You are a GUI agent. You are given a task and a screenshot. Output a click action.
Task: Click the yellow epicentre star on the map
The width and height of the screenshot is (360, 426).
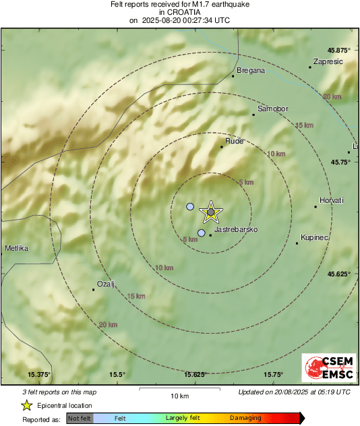pyautogui.click(x=210, y=212)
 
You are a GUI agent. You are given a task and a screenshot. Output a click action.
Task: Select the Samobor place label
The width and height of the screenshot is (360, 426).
pyautogui.click(x=273, y=109)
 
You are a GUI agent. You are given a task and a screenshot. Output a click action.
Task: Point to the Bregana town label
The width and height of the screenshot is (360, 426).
pyautogui.click(x=251, y=70)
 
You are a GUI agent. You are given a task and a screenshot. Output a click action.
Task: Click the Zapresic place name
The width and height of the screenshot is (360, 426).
pyautogui.click(x=328, y=61)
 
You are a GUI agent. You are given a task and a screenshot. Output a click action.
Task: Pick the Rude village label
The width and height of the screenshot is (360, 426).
pyautogui.click(x=233, y=142)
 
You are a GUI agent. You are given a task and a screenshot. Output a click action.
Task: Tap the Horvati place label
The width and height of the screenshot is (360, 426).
pyautogui.click(x=332, y=200)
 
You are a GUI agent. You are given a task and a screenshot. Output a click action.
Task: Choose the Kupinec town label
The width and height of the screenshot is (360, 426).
pyautogui.click(x=313, y=237)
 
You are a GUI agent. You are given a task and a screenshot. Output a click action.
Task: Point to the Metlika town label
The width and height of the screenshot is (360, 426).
pyautogui.click(x=16, y=248)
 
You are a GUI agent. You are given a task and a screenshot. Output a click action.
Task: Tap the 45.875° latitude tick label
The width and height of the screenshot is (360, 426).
pyautogui.click(x=339, y=50)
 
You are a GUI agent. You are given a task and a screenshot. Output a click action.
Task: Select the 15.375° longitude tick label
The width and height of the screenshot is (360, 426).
pyautogui.click(x=39, y=374)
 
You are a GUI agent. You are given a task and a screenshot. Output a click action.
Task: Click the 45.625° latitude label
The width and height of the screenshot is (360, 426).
pyautogui.click(x=339, y=274)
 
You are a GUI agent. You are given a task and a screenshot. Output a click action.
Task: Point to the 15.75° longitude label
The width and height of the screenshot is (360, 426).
pyautogui.click(x=272, y=374)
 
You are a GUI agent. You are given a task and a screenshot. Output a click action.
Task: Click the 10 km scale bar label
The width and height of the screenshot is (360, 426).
pyautogui.click(x=179, y=395)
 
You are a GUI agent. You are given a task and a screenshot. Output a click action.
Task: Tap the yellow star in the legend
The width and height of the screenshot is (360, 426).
pyautogui.click(x=26, y=405)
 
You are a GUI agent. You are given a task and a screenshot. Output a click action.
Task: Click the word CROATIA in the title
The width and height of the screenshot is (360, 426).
pyautogui.click(x=179, y=12)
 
